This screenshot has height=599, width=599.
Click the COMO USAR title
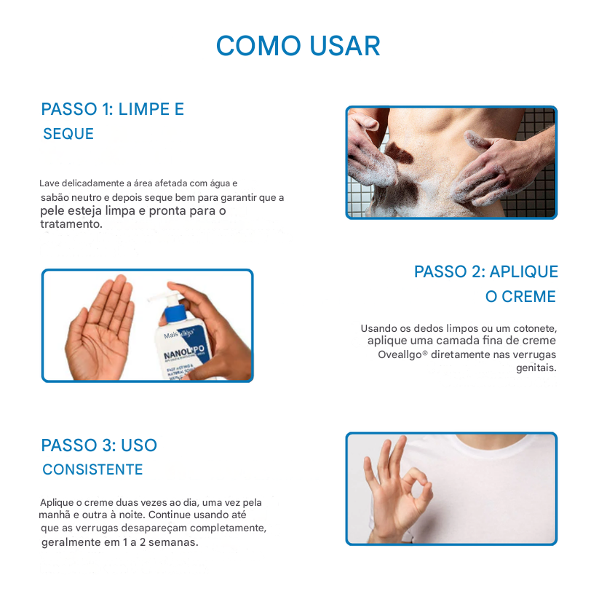pos(298,47)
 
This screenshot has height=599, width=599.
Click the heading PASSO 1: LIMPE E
pos(113,109)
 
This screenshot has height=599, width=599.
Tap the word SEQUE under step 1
pos(68,134)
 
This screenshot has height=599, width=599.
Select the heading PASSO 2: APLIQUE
pos(486,271)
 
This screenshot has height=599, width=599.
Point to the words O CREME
pos(520,296)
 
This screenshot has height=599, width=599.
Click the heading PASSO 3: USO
pos(99,445)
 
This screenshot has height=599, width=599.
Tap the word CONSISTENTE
pos(92,469)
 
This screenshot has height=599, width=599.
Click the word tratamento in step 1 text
pos(71,224)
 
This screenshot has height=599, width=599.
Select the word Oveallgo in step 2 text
pos(400,355)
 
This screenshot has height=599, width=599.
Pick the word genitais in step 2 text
pos(536,368)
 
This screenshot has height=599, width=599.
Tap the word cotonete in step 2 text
pos(535,328)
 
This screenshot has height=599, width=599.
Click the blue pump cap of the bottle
pos(175,311)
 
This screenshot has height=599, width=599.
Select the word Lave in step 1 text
pos(49,183)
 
